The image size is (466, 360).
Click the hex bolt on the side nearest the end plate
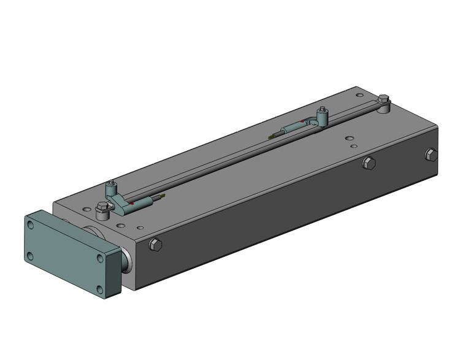(x=155, y=245)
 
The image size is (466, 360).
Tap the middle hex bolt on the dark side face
(x=368, y=163)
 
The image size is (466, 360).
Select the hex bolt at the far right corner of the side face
(x=431, y=155)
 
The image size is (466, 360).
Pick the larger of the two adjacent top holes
(x=348, y=137)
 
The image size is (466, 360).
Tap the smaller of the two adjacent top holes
(x=353, y=147)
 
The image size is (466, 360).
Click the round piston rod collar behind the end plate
(x=126, y=260)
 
